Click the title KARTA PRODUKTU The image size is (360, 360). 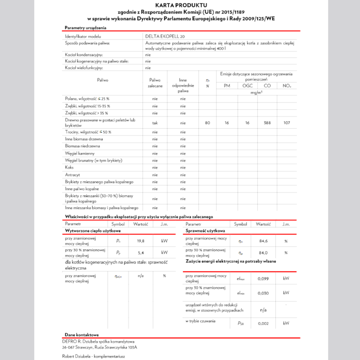click(x=180, y=5)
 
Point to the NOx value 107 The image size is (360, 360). click(x=287, y=122)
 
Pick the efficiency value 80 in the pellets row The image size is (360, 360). click(x=207, y=122)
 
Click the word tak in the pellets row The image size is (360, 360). click(x=155, y=122)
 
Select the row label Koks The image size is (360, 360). click(x=70, y=167)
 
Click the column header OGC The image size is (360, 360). click(x=247, y=85)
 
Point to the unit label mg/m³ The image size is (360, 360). click(x=256, y=93)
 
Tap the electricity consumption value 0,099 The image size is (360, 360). click(x=263, y=279)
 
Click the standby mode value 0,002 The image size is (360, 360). click(x=263, y=323)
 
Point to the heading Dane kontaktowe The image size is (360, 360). click(x=81, y=335)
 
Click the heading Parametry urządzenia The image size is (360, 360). click(x=85, y=28)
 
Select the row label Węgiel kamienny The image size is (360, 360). click(x=80, y=153)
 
